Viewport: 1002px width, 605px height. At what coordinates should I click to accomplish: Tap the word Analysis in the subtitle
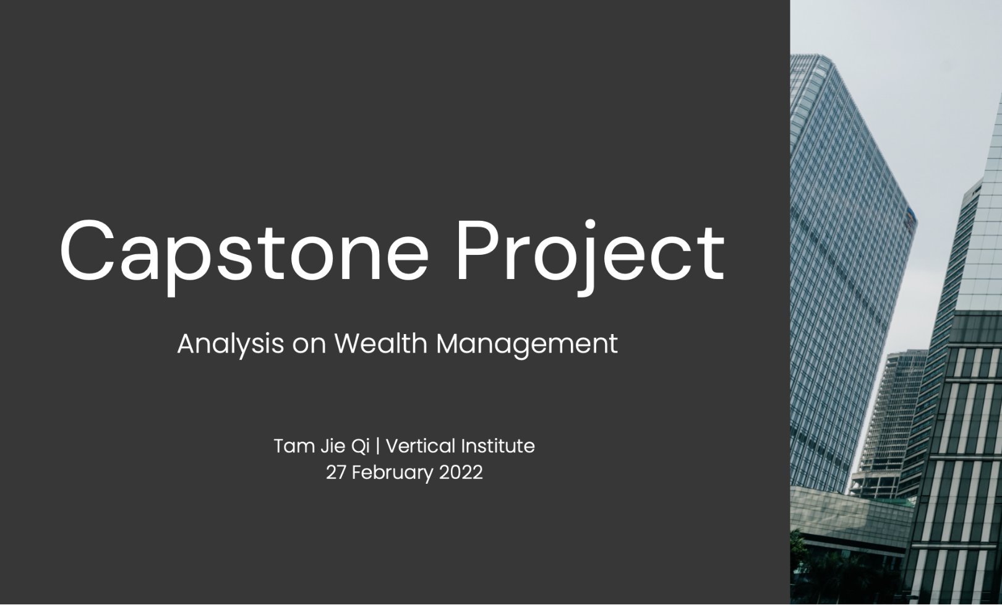coord(231,345)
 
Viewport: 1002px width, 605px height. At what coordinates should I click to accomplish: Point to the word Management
coord(527,345)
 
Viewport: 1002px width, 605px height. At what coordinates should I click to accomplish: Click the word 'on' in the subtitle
coord(309,346)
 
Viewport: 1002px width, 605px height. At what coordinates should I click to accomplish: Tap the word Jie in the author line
coord(332,446)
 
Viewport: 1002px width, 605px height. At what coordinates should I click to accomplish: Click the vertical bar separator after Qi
coord(378,446)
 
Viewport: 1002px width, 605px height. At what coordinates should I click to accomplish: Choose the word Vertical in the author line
coord(420,446)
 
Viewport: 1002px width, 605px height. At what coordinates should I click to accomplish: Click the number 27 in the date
coord(335,473)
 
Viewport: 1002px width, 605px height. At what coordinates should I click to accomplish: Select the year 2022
coord(461,473)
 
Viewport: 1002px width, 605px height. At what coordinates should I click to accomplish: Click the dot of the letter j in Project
coord(589,225)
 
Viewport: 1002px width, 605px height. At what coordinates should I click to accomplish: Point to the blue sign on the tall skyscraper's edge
coord(911,219)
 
